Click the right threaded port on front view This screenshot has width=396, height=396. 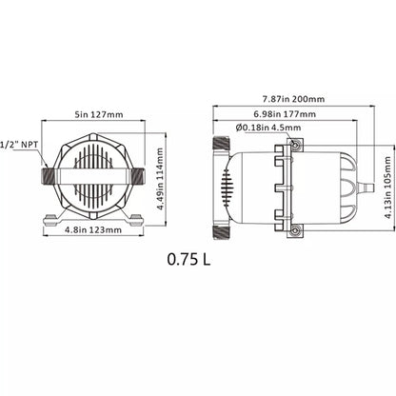point(139,177)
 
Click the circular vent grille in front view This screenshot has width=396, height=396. point(92,177)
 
